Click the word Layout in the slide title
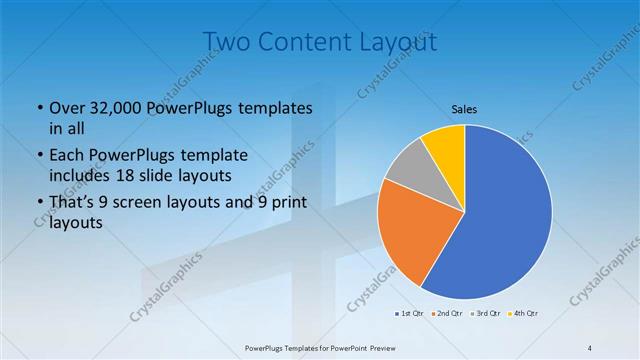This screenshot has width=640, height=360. [400, 42]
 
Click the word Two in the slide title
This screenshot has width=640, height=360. [227, 42]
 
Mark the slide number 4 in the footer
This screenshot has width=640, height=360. [589, 347]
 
